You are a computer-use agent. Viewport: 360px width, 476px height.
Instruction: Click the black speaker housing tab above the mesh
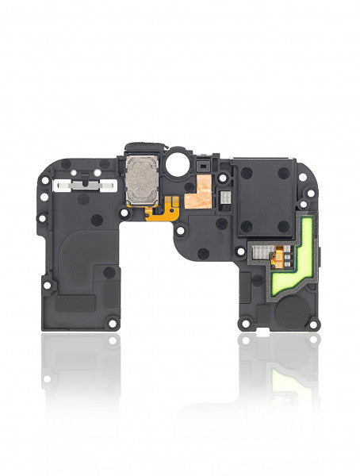pos(140,148)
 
